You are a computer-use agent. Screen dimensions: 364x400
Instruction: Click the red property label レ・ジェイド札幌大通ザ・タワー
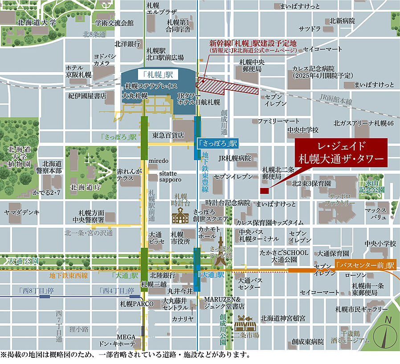click(341, 152)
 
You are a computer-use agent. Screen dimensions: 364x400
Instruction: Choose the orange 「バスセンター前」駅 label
click(366, 265)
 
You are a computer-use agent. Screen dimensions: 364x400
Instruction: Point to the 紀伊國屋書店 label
click(87, 95)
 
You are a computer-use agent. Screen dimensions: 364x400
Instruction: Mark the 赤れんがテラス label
click(129, 174)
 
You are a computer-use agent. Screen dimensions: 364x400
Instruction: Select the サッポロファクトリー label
click(343, 199)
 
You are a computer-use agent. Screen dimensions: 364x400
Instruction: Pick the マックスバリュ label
click(376, 214)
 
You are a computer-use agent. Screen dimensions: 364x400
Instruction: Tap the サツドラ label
click(310, 29)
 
